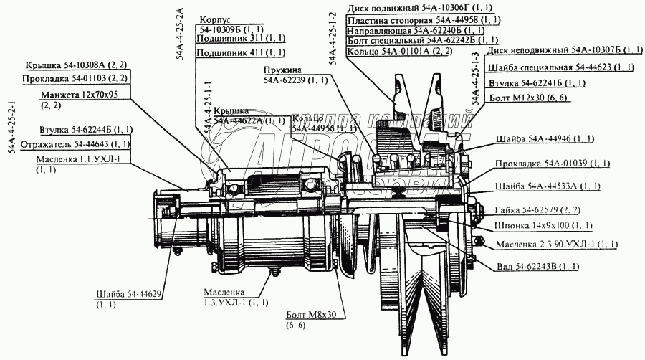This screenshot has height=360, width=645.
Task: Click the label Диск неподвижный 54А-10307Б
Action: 563,51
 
